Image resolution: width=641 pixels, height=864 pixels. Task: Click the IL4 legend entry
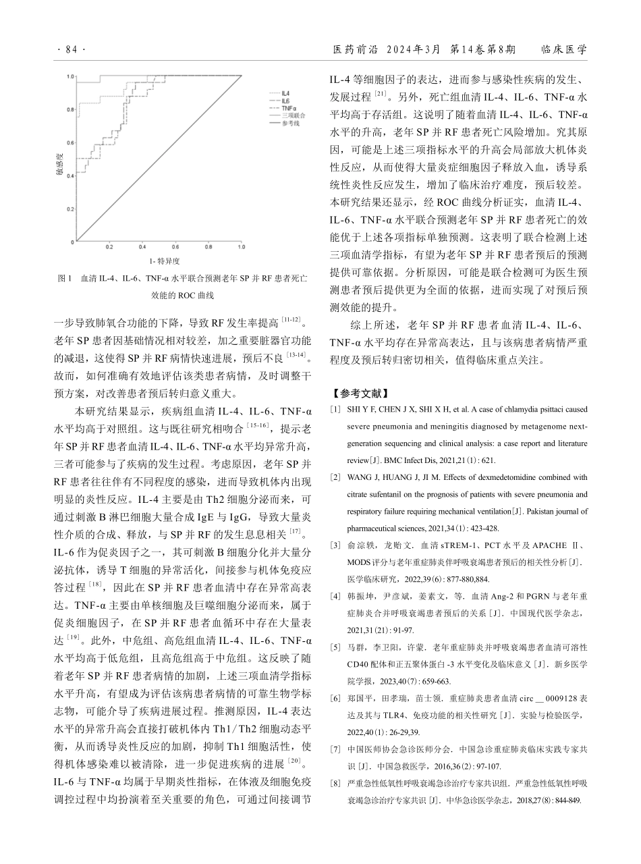286,92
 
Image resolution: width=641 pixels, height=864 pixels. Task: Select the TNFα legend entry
288,108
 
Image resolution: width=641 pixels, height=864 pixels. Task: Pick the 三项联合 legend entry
290,115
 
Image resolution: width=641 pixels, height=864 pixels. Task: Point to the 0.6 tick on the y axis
69,142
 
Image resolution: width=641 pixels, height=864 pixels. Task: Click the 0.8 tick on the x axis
208,247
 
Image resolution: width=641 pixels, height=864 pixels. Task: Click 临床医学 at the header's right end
563,49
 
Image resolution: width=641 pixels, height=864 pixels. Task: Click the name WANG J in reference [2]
363,477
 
